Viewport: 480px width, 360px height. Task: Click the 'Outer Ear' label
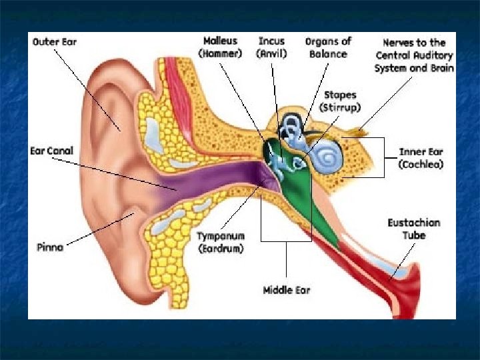click(55, 42)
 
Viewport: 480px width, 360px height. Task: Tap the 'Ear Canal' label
click(51, 151)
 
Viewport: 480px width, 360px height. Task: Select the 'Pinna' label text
click(50, 247)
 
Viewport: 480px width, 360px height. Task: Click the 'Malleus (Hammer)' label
click(221, 47)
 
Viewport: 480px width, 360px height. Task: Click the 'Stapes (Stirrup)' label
click(340, 101)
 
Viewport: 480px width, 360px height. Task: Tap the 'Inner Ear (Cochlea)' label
click(420, 157)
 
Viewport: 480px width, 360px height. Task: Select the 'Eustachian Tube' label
click(413, 229)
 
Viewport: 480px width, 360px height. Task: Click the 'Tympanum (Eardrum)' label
click(220, 242)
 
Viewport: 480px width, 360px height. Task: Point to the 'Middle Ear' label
click(287, 290)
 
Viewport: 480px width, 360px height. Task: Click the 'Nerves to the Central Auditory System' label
click(414, 55)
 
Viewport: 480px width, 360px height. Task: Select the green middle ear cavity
click(297, 200)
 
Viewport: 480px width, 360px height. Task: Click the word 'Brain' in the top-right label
click(441, 68)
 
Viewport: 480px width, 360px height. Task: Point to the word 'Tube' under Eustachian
click(413, 235)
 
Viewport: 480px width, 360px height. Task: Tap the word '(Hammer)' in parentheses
click(221, 53)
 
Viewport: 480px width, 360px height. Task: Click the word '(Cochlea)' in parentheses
click(420, 164)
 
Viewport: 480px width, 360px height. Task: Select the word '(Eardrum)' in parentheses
click(220, 249)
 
